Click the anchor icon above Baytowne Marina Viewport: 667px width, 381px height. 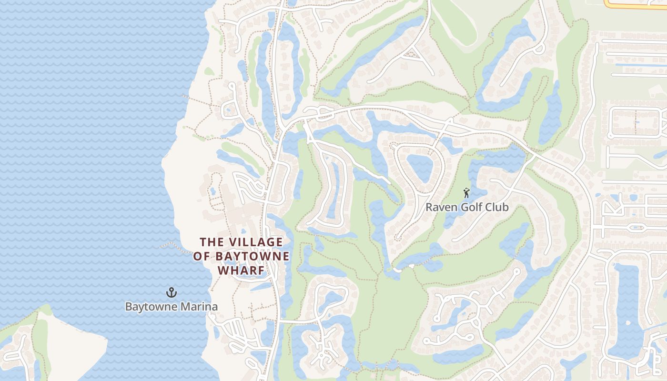(x=171, y=292)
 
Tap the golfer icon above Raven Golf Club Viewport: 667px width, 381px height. (x=466, y=193)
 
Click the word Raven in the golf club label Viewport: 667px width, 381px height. (x=439, y=208)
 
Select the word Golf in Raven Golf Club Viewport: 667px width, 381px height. (x=472, y=208)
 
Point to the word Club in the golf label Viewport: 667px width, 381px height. (x=497, y=208)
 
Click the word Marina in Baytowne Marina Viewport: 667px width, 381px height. (x=198, y=307)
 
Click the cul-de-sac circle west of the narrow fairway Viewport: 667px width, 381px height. (x=232, y=87)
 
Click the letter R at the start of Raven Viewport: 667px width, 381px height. (x=429, y=208)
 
